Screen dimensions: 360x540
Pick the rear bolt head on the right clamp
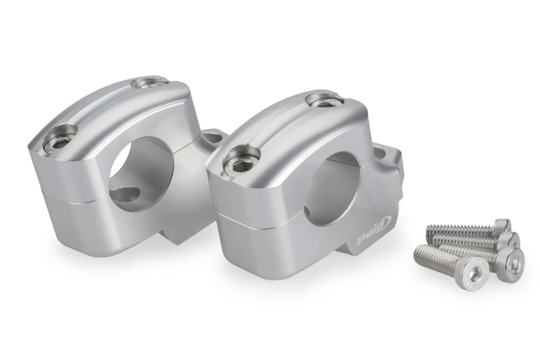[322, 101]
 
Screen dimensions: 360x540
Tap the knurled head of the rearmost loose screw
[502, 225]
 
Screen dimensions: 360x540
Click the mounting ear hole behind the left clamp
[211, 138]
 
